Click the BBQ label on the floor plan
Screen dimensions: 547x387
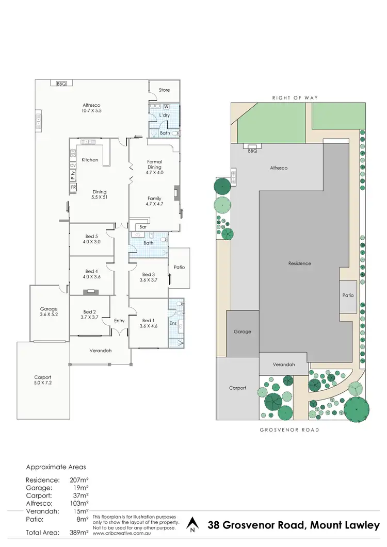point(61,84)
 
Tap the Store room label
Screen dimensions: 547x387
point(164,90)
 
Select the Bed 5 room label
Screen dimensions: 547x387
point(91,235)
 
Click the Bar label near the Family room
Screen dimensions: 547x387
point(143,226)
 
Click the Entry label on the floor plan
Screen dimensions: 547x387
point(119,321)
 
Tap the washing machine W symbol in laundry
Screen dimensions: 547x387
point(167,107)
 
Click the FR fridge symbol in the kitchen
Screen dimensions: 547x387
point(73,187)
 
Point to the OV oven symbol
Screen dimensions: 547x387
point(73,165)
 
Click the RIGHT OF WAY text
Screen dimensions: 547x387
point(296,97)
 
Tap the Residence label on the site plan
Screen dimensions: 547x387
point(299,263)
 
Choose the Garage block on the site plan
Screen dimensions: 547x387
point(242,331)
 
